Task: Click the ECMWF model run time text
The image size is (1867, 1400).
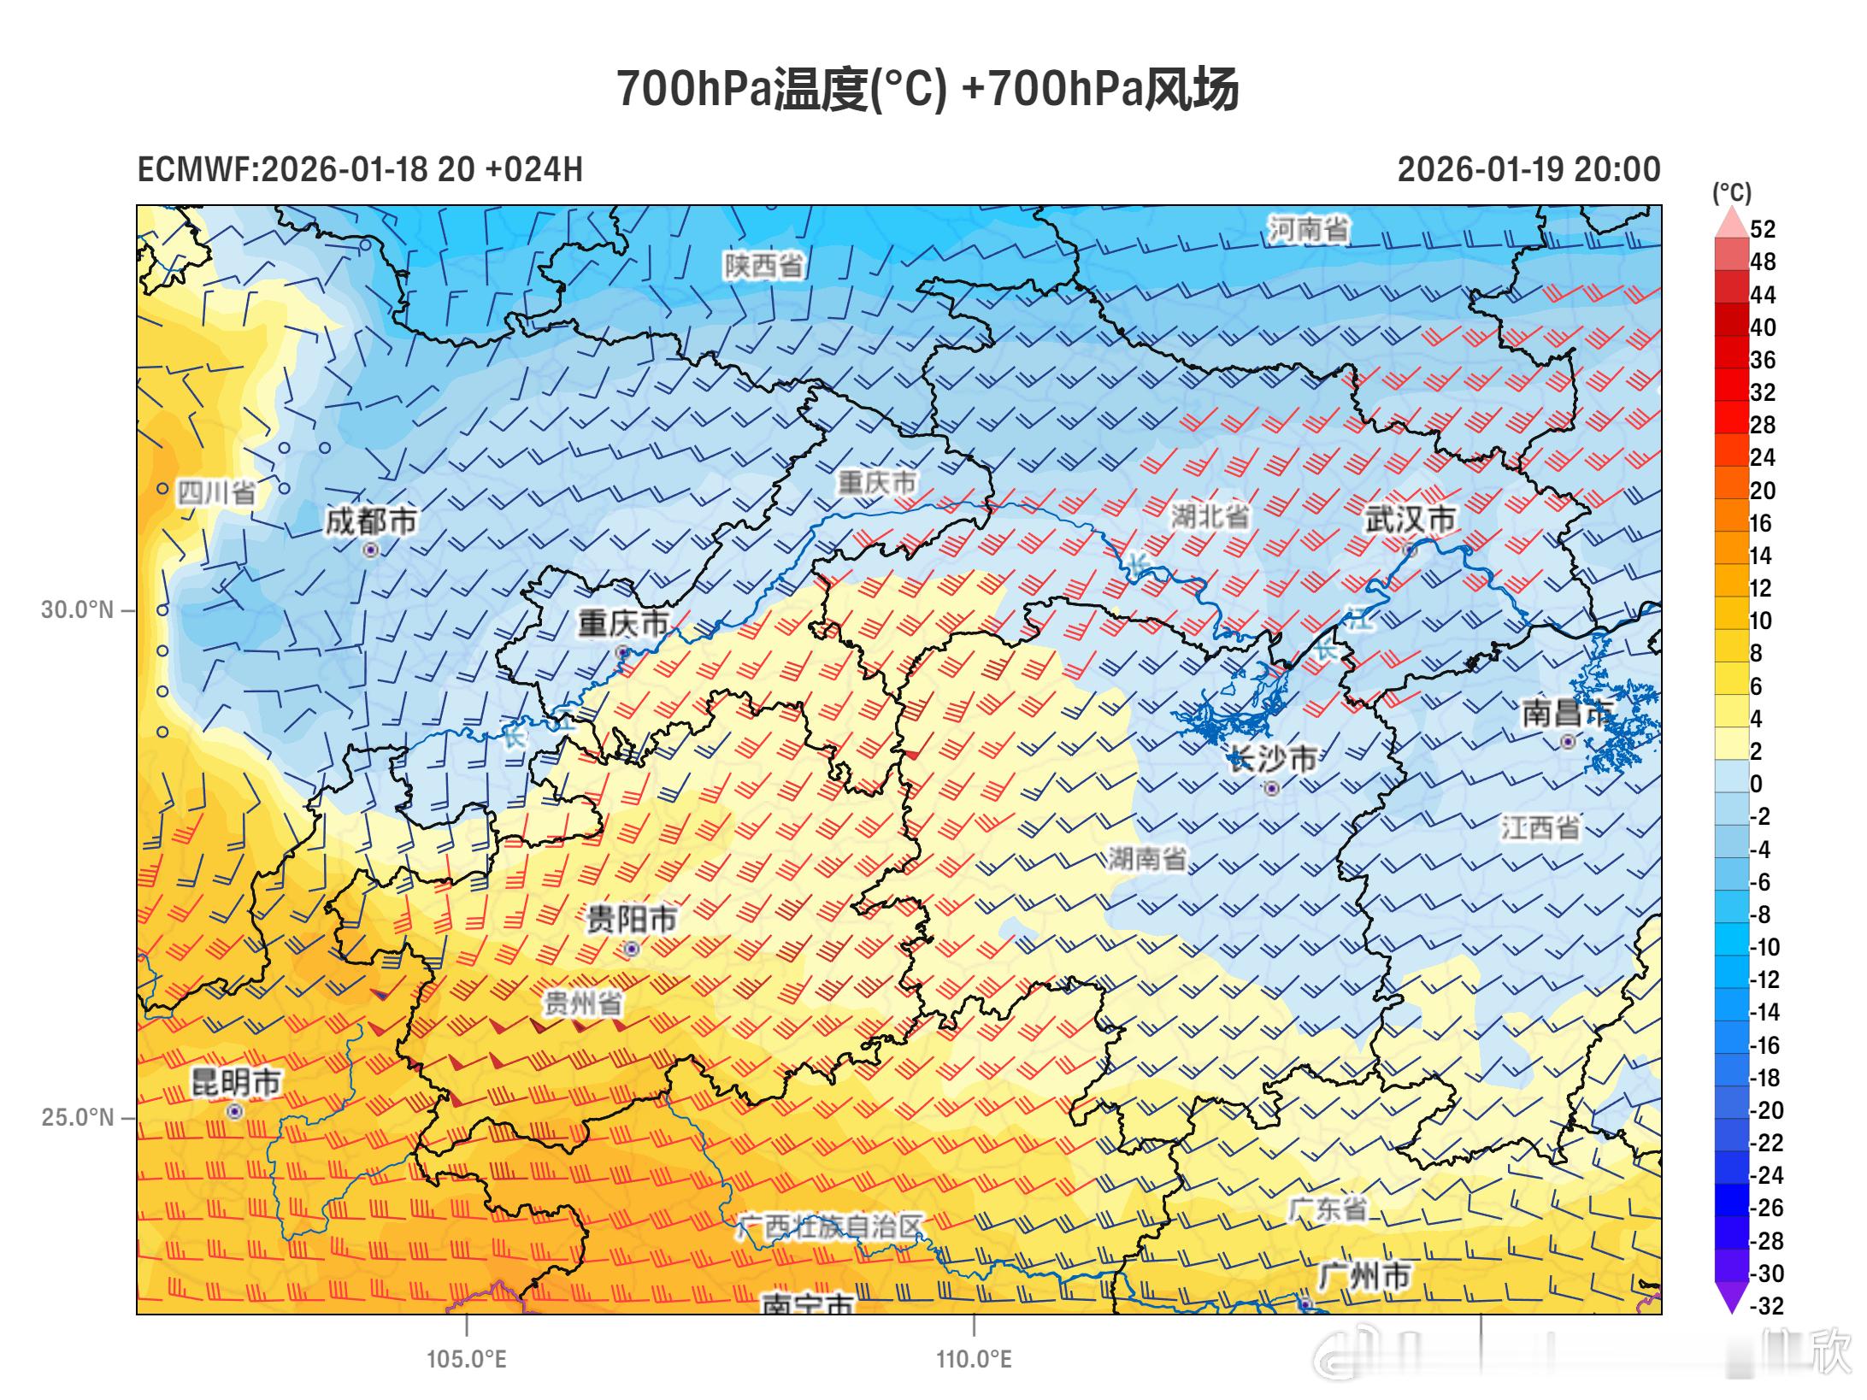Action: [360, 169]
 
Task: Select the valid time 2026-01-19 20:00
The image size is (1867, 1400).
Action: [1528, 169]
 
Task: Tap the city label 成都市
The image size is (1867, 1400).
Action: [371, 521]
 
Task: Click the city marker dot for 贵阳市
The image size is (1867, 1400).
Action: [632, 949]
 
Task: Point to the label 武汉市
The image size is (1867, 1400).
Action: [1410, 519]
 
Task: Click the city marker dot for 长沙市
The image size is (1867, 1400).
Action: [1272, 788]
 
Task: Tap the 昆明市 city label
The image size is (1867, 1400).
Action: [236, 1082]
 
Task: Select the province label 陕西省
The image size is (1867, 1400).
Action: [763, 266]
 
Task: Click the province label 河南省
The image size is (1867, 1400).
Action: [1308, 229]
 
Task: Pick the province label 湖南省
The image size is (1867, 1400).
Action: [1146, 858]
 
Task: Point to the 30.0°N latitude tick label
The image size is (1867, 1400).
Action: [77, 610]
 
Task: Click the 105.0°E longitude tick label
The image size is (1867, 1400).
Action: [467, 1359]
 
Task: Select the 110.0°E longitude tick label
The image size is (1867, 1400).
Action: [974, 1359]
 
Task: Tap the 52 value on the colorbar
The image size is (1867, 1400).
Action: [1763, 229]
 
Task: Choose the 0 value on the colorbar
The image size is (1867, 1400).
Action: [1756, 784]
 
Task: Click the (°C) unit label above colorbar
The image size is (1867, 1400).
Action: [1731, 192]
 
